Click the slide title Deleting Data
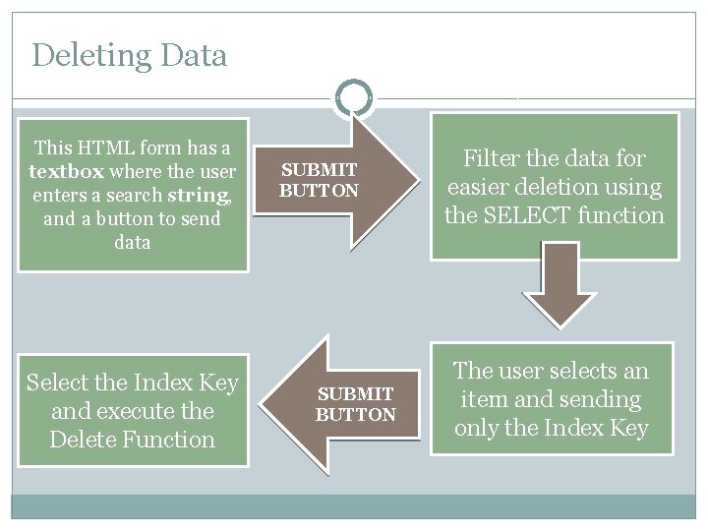[x=129, y=55]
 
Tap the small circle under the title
[x=353, y=97]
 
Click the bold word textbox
[x=67, y=171]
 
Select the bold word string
[x=201, y=195]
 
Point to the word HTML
[x=106, y=148]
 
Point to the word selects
[x=572, y=371]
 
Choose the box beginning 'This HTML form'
[x=132, y=195]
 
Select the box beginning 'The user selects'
[x=551, y=399]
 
